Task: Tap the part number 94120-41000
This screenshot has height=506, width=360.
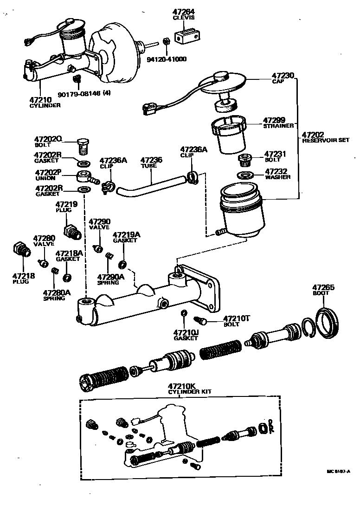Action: pos(167,59)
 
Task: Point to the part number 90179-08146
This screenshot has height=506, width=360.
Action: pos(79,94)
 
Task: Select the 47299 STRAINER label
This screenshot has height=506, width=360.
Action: pos(278,122)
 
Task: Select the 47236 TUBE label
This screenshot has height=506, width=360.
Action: pos(151,162)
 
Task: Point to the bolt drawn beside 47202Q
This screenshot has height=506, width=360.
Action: pos(83,146)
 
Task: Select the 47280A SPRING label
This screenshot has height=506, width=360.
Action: pos(57,295)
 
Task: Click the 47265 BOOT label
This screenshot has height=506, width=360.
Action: pos(323,290)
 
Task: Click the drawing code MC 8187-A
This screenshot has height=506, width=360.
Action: pos(338,471)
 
